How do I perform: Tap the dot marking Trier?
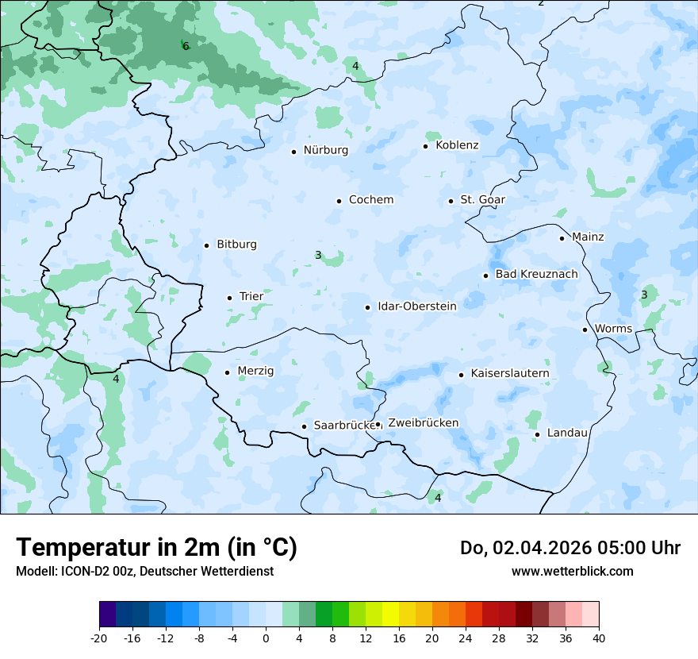[x=230, y=298]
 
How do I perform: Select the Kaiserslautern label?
[x=509, y=373]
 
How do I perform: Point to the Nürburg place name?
[x=325, y=150]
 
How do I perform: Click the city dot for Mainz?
[x=562, y=238]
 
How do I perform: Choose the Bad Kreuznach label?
[x=536, y=274]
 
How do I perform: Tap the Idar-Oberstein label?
[x=416, y=306]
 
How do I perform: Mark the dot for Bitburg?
[x=206, y=245]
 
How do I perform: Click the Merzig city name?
[x=255, y=371]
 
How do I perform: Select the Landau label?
[x=567, y=433]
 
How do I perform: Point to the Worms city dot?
[x=585, y=329]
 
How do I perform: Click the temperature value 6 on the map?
[x=186, y=46]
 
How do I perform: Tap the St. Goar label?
[x=482, y=199]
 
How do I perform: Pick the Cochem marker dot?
[x=339, y=201]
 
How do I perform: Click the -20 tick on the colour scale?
[x=99, y=638]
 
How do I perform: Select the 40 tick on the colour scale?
[x=599, y=638]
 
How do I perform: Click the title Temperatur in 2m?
[x=156, y=548]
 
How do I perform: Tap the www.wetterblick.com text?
[x=572, y=571]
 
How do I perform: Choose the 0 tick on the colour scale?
[x=266, y=638]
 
